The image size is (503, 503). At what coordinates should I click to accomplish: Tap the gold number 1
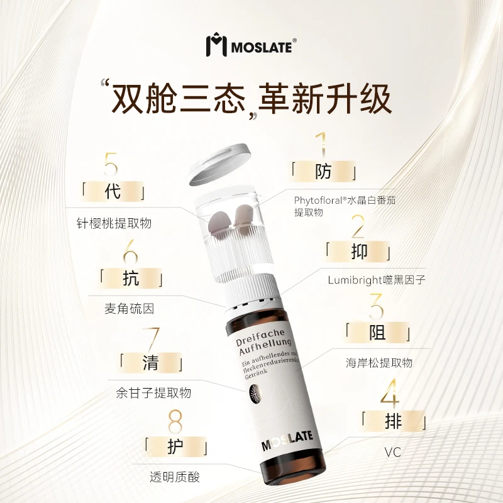[322, 145]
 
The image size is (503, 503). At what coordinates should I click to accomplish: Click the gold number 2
[357, 227]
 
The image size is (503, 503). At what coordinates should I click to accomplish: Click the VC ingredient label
[392, 452]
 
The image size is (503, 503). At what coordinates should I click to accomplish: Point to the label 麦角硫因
[130, 309]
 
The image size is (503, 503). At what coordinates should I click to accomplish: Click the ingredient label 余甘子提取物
[153, 393]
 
